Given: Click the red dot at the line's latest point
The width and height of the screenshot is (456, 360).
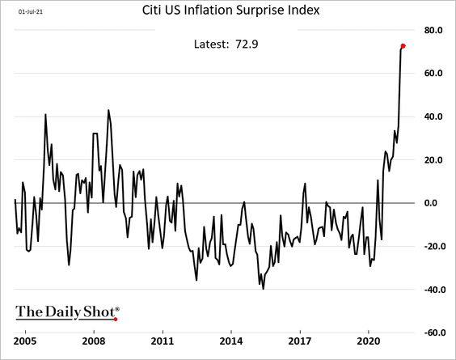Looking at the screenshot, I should pyautogui.click(x=403, y=45).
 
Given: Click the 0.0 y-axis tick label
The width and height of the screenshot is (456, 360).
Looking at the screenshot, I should pyautogui.click(x=437, y=203).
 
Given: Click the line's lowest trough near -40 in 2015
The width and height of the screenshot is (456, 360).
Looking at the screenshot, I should pyautogui.click(x=263, y=288).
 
